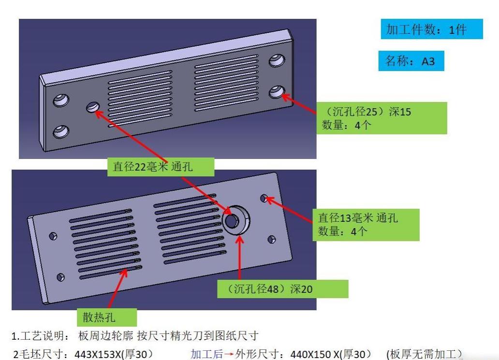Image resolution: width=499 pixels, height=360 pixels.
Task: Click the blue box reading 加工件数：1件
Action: point(431,29)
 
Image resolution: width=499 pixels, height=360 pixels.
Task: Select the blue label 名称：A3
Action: point(411,61)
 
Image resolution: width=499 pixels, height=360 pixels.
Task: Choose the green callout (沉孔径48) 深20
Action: point(282,289)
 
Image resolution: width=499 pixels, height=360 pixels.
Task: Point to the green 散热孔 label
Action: point(106,317)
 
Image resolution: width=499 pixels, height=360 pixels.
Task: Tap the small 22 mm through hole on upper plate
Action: point(93,107)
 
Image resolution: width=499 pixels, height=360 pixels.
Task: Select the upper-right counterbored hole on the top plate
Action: point(276,60)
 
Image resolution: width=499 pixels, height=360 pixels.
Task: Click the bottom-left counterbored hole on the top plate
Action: point(60,131)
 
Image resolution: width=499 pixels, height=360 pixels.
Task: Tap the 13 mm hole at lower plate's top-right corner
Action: point(264,198)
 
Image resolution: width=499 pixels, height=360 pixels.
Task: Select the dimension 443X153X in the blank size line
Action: point(99,354)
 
